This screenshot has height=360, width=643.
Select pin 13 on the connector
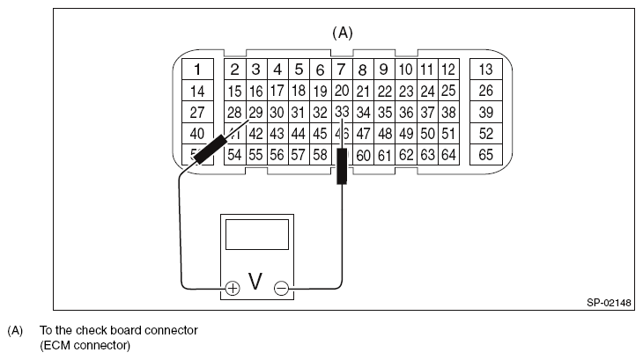pos(485,70)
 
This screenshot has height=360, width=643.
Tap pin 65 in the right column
pos(485,155)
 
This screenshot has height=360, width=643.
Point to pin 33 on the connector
pos(343,112)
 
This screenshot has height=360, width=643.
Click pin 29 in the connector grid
pos(255,112)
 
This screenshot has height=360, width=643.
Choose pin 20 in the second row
pos(343,91)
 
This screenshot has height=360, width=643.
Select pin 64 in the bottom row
pos(448,155)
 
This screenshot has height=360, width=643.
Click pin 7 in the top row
pos(343,70)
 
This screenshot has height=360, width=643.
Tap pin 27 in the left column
pos(198,112)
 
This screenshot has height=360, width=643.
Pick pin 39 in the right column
pos(485,112)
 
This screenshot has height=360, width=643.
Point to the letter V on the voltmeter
pos(256,282)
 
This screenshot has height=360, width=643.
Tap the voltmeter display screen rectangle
pos(257,236)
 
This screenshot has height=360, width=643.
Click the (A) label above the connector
pos(342,33)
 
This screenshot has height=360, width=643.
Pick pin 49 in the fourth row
pos(406,134)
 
